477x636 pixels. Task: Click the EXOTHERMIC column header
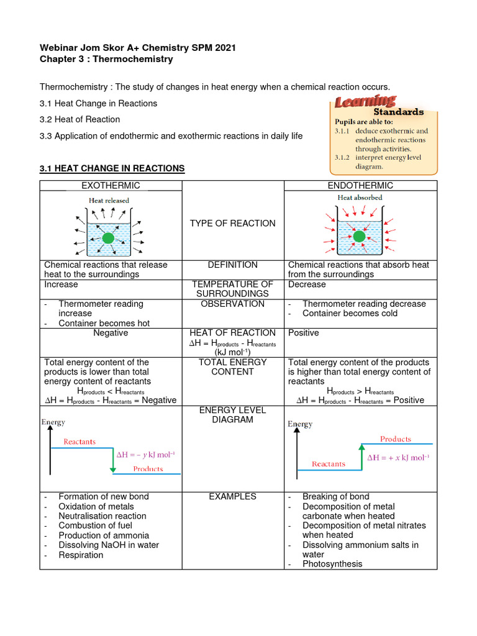pyautogui.click(x=111, y=186)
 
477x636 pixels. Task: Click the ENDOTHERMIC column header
pyautogui.click(x=360, y=186)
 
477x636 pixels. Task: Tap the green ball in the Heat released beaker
pyautogui.click(x=108, y=238)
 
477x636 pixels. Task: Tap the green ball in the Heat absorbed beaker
pyautogui.click(x=359, y=235)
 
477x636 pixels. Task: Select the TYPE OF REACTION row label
pyautogui.click(x=233, y=224)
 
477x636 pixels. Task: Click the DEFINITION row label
pyautogui.click(x=233, y=265)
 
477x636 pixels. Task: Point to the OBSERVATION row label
pyautogui.click(x=233, y=304)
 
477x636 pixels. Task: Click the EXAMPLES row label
pyautogui.click(x=233, y=497)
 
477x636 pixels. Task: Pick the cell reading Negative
pyautogui.click(x=111, y=333)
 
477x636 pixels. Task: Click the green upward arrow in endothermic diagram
pyautogui.click(x=360, y=455)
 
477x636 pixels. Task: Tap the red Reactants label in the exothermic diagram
pyautogui.click(x=79, y=442)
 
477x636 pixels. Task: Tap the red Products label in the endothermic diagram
pyautogui.click(x=396, y=438)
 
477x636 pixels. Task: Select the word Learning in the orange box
pyautogui.click(x=365, y=101)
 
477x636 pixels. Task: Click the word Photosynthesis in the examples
pyautogui.click(x=332, y=564)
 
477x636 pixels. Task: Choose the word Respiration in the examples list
pyautogui.click(x=81, y=555)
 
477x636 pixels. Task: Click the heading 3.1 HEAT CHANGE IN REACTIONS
pyautogui.click(x=112, y=168)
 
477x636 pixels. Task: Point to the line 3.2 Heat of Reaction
pyautogui.click(x=80, y=119)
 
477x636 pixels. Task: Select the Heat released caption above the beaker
pyautogui.click(x=109, y=201)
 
